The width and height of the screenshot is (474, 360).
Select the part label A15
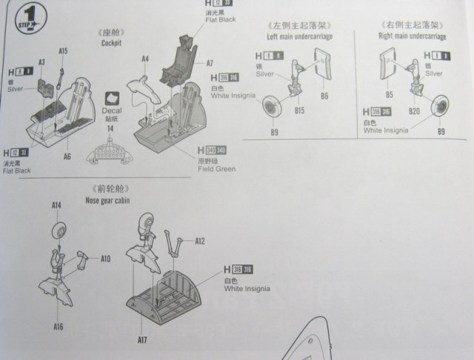(x=63, y=51)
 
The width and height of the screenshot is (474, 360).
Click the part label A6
(x=67, y=157)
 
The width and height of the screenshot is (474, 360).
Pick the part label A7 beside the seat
(x=210, y=64)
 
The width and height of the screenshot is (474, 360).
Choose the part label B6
(x=324, y=96)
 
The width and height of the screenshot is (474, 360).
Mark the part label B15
(x=299, y=110)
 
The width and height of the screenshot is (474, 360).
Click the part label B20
(x=415, y=111)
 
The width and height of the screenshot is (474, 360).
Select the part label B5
(x=390, y=96)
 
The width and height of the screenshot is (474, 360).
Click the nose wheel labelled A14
(x=60, y=230)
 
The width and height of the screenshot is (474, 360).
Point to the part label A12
(x=199, y=241)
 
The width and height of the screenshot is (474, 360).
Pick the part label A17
(x=141, y=340)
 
